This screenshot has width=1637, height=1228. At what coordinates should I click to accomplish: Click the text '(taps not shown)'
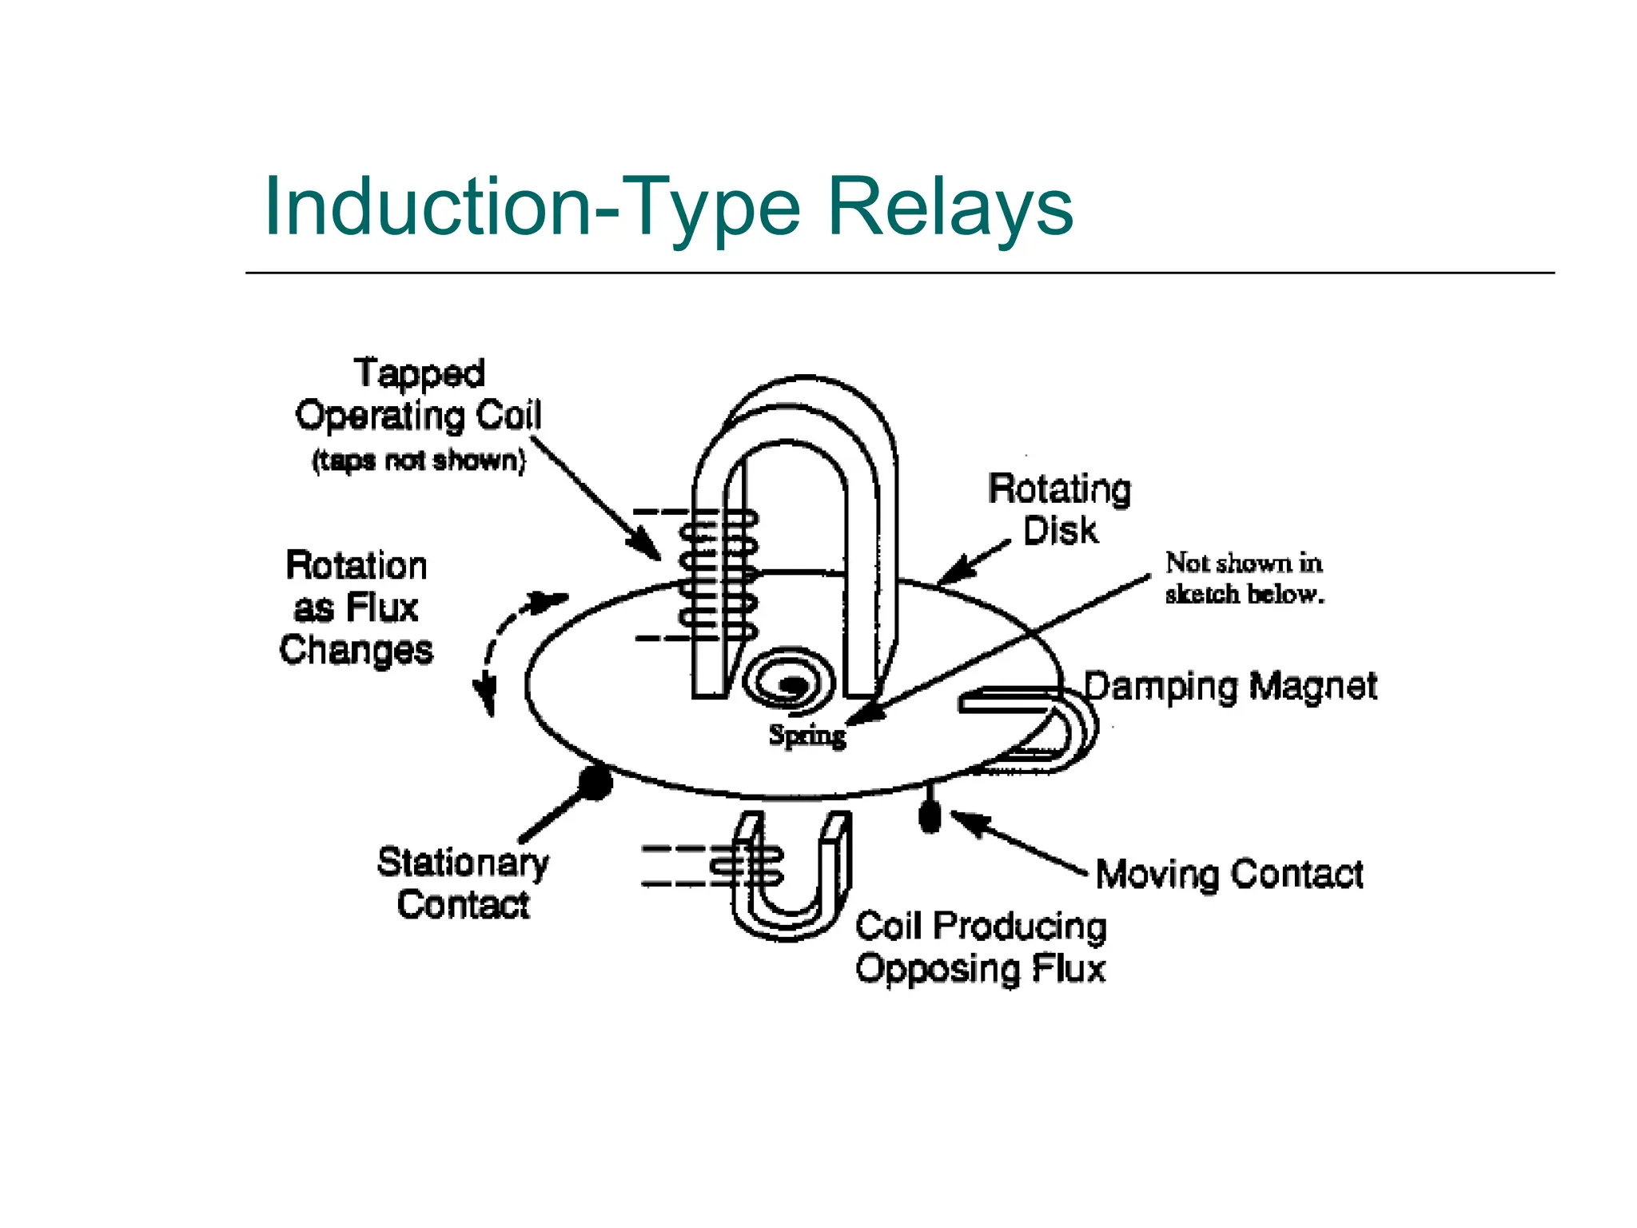pos(419,460)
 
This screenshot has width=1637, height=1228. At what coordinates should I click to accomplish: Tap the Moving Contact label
pos(1229,874)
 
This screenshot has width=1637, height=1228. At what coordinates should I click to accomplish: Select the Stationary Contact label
pos(463,883)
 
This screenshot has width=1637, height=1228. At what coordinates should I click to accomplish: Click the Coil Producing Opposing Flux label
pos(981,947)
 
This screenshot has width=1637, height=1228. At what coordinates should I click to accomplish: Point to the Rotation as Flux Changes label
pos(356,608)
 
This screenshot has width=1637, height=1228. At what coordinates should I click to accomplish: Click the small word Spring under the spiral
pos(807,735)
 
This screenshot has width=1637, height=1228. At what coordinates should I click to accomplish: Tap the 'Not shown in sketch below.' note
pos(1244,578)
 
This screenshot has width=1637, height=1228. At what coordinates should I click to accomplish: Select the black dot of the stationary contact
pos(595,781)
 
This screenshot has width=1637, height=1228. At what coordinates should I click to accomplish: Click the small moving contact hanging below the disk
pos(930,816)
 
